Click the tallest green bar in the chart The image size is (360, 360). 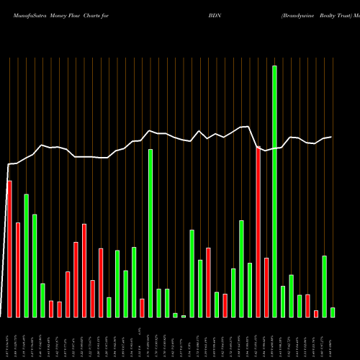click(x=274, y=191)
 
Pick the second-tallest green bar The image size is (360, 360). click(x=150, y=233)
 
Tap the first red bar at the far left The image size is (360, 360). click(x=9, y=248)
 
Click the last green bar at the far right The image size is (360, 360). click(x=333, y=312)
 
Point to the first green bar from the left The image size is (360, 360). click(x=26, y=256)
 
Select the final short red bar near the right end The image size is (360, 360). click(x=316, y=313)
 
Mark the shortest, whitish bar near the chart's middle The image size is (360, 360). click(x=184, y=316)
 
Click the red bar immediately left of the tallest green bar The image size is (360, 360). click(x=266, y=287)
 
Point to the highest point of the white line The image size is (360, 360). click(x=248, y=127)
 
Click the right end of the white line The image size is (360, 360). click(x=331, y=137)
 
